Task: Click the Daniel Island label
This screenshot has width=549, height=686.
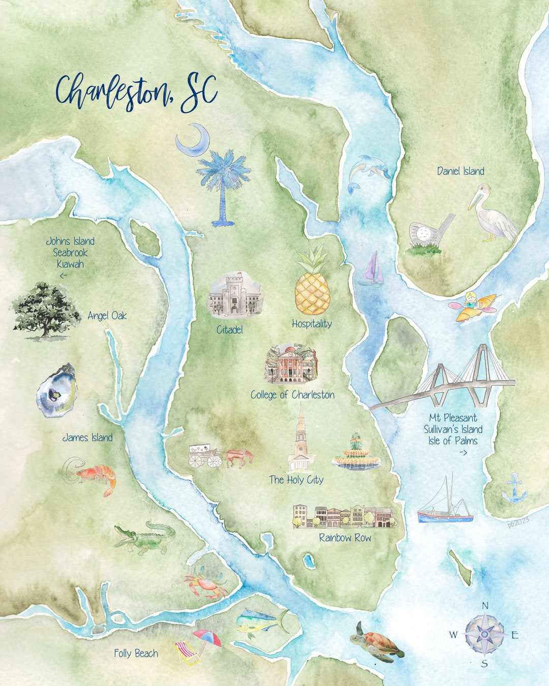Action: point(461,171)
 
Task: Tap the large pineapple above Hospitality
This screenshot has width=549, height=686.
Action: point(313,285)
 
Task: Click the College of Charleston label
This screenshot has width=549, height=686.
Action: point(292,395)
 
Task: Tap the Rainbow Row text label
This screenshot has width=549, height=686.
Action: point(345,538)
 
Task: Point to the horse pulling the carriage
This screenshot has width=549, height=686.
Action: point(239,457)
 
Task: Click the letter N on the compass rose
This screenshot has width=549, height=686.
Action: point(485,605)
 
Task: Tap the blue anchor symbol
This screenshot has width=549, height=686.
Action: point(515,489)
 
